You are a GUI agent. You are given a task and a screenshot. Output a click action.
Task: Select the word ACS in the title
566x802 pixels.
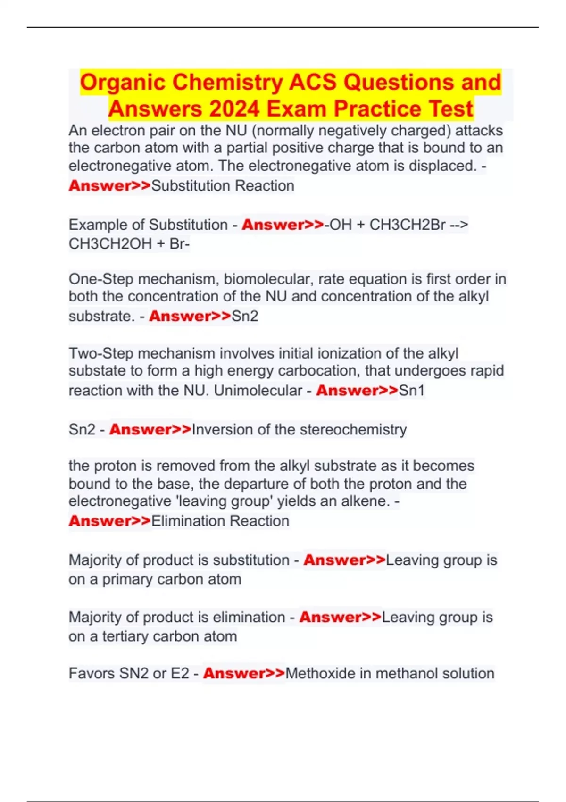coord(313,82)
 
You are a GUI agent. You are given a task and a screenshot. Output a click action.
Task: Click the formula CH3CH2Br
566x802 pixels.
coord(407,225)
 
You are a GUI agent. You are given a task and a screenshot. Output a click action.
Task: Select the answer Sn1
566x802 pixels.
coord(412,391)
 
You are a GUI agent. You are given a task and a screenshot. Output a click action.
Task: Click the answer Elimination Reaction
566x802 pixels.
coord(220,521)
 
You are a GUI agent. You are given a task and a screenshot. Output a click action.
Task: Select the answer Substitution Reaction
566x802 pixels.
coord(223,186)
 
